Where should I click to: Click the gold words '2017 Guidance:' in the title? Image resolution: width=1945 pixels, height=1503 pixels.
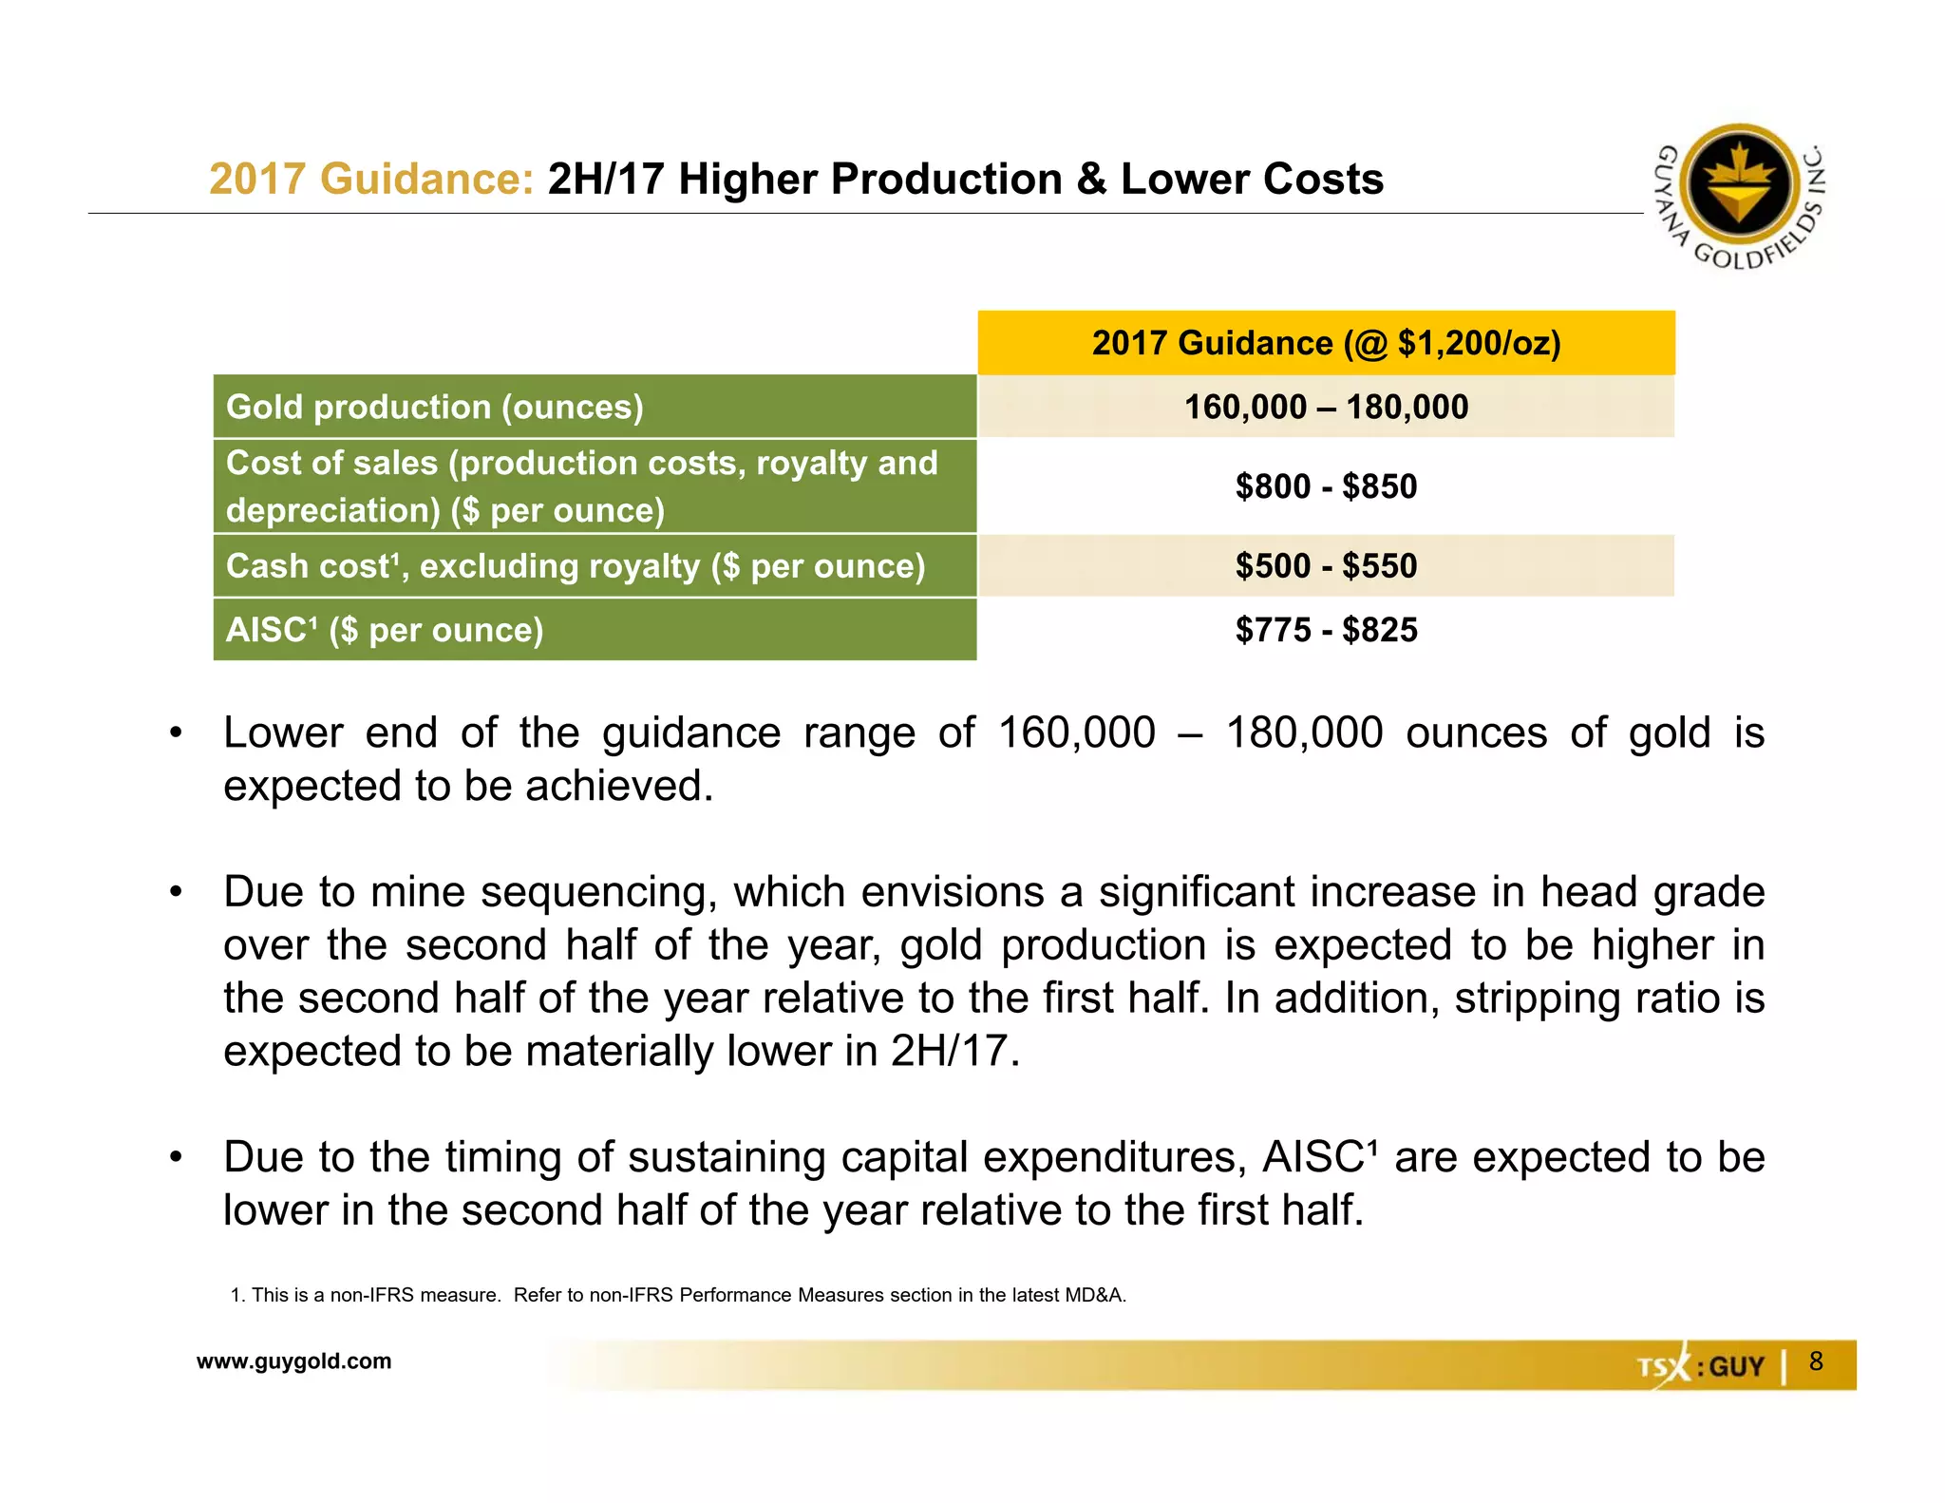[x=371, y=179]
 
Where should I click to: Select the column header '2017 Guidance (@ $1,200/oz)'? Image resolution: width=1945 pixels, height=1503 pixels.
[x=1326, y=343]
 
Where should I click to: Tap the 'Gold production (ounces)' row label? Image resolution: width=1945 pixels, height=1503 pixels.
[x=435, y=407]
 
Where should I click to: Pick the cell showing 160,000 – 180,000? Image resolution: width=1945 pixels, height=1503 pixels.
[x=1326, y=407]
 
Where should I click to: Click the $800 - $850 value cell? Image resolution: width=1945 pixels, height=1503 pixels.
[x=1326, y=486]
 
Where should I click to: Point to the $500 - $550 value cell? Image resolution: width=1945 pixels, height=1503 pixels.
[x=1326, y=566]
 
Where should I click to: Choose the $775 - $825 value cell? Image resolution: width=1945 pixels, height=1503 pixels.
[x=1326, y=630]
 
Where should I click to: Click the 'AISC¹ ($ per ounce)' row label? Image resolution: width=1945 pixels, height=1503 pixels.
[x=385, y=630]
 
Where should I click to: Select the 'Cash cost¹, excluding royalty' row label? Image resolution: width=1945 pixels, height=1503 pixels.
[x=575, y=566]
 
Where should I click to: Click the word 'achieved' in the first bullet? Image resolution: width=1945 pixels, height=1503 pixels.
[x=618, y=787]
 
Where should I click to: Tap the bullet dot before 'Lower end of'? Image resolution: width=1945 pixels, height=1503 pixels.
[x=176, y=733]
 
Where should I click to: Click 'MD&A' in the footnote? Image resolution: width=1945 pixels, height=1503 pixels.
[x=1097, y=1295]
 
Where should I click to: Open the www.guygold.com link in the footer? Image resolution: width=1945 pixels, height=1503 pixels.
[x=293, y=1361]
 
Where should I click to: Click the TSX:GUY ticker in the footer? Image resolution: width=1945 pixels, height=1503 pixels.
[x=1700, y=1366]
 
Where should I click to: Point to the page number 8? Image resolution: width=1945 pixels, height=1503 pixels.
[x=1816, y=1361]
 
